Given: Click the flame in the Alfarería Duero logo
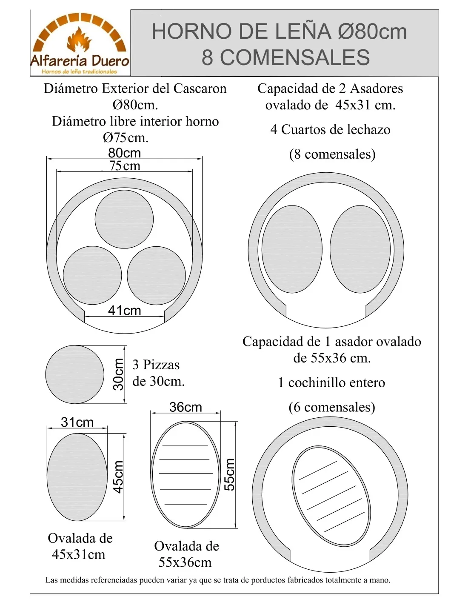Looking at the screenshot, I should (79, 40).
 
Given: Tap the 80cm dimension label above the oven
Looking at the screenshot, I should (124, 153).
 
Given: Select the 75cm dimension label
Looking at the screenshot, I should (125, 166).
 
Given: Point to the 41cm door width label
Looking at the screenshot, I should (124, 311).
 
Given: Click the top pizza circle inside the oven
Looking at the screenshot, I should (124, 219).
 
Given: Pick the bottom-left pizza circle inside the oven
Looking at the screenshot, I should (92, 276).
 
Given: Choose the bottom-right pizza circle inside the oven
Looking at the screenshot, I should (156, 276).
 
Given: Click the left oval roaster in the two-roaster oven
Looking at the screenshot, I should (292, 249).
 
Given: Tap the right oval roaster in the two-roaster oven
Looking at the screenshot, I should (360, 249).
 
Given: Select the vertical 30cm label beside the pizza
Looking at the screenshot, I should (118, 374).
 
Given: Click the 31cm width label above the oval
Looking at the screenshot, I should (77, 422).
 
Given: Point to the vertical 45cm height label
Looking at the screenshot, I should (118, 477).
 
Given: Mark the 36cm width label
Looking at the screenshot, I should (185, 407).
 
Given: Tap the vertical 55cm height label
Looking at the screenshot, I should (229, 475).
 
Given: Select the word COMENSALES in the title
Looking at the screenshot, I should (286, 57).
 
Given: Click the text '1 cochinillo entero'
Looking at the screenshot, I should (331, 382).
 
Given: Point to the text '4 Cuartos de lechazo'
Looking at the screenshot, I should (330, 129).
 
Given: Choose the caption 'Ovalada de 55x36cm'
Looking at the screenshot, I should (186, 554).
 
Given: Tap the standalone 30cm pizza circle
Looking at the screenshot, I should (75, 374).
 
